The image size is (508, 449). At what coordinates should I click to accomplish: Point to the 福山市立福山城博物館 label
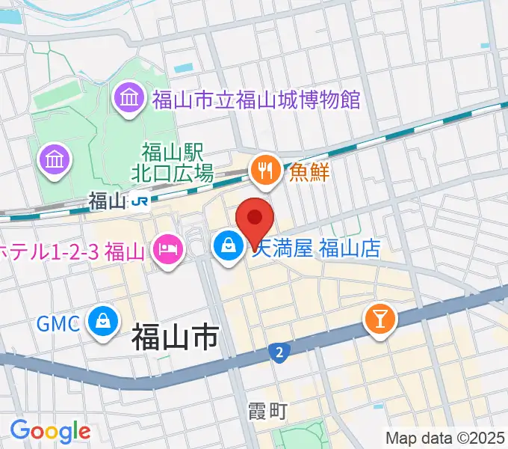pos(255,100)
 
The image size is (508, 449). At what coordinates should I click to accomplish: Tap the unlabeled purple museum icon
pos(55,159)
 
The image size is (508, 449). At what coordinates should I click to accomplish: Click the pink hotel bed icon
pos(167,246)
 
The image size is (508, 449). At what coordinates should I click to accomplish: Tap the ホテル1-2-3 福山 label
pos(72,248)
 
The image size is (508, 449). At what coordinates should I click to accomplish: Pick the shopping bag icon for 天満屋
pos(226,245)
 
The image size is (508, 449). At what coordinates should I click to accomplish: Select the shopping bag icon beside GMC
pos(101,322)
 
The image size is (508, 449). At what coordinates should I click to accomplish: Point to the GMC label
pos(58,324)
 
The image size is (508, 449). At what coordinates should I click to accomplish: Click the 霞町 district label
pos(266,411)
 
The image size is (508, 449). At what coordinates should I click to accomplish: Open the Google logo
pos(50,431)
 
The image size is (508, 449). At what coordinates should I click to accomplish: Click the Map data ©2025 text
pos(445,437)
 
